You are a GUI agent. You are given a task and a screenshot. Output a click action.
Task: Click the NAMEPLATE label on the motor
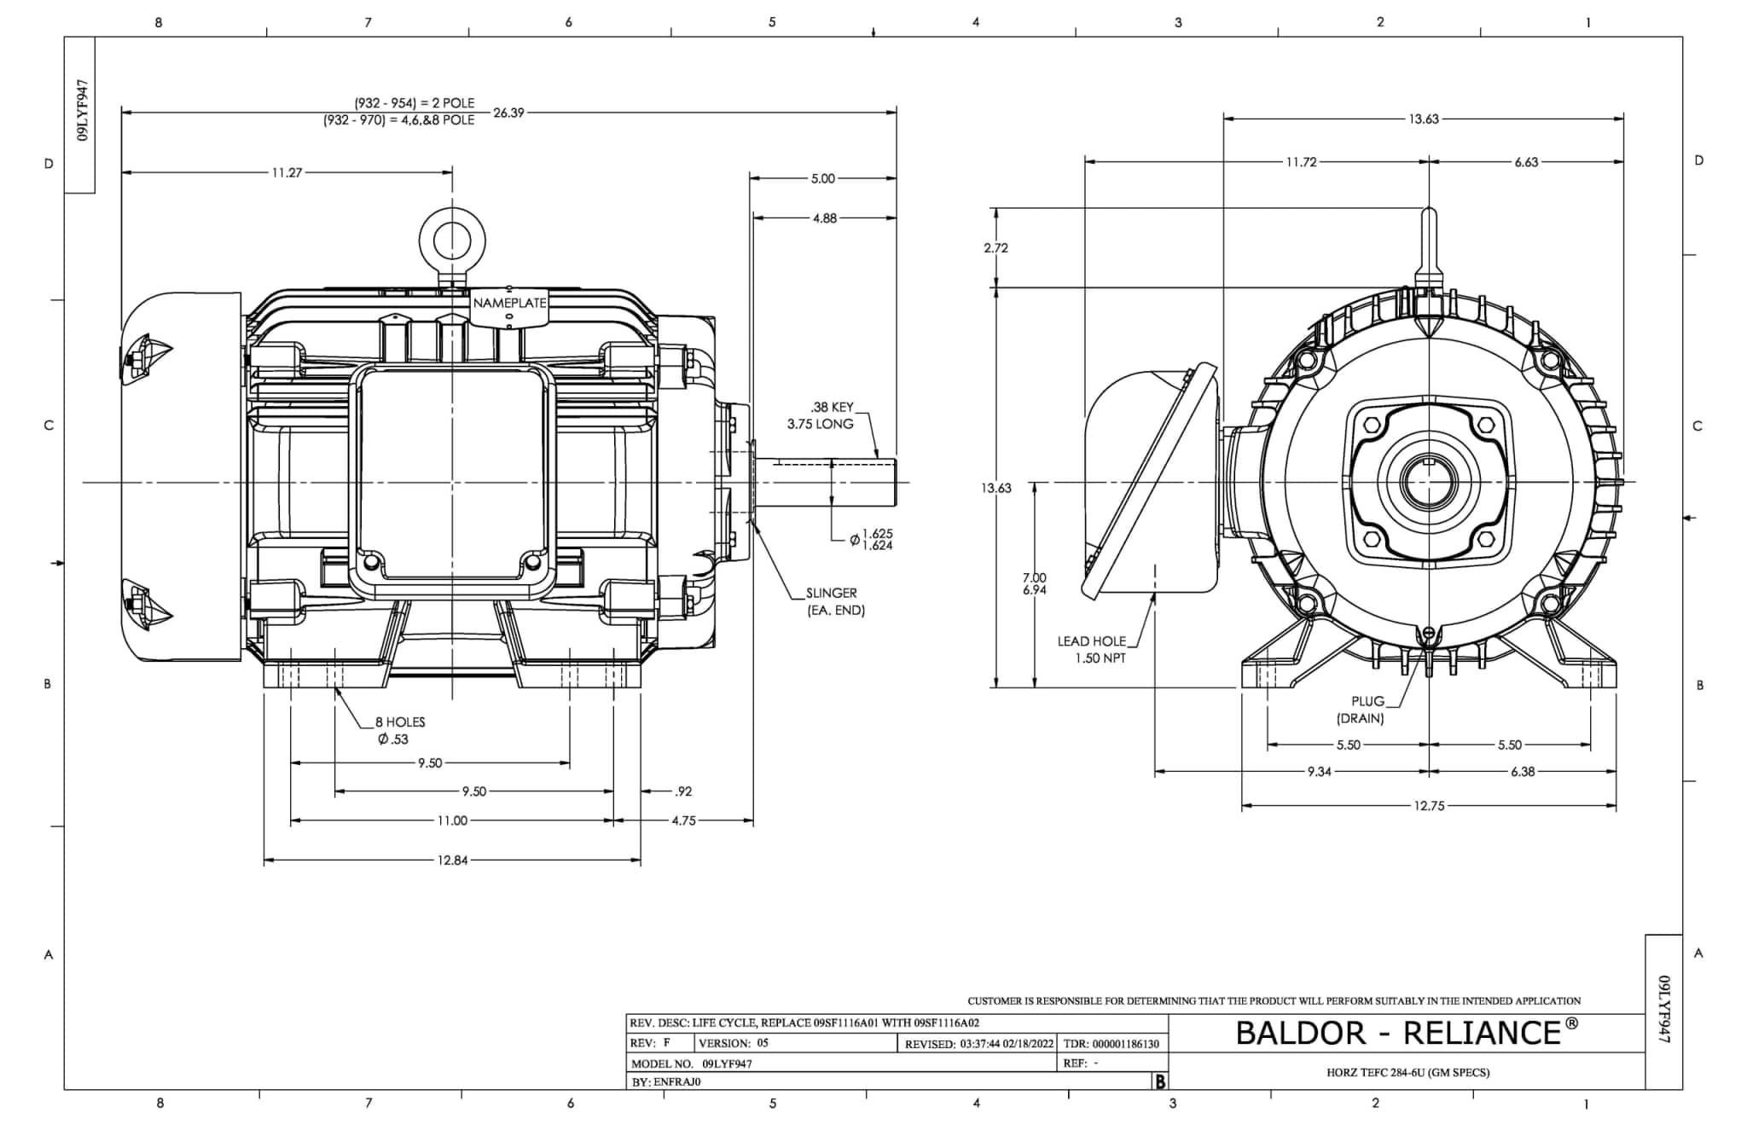pyautogui.click(x=509, y=303)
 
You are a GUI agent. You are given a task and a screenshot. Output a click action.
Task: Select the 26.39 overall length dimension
pyautogui.click(x=508, y=113)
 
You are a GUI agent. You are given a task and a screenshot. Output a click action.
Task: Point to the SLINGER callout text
pyautogui.click(x=832, y=593)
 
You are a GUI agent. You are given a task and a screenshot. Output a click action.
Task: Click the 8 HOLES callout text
pyautogui.click(x=400, y=722)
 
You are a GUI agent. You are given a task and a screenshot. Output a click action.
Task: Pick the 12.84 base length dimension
pyautogui.click(x=452, y=861)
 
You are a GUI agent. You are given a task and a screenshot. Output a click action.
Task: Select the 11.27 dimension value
pyautogui.click(x=287, y=173)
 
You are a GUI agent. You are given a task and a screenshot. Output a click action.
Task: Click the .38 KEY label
pyautogui.click(x=832, y=408)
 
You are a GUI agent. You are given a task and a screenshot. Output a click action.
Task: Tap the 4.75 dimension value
pyautogui.click(x=683, y=821)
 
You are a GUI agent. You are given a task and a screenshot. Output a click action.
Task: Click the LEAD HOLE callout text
pyautogui.click(x=1092, y=641)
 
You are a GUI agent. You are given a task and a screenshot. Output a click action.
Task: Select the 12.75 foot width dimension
pyautogui.click(x=1428, y=806)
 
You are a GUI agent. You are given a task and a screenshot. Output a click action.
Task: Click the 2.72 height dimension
pyautogui.click(x=995, y=248)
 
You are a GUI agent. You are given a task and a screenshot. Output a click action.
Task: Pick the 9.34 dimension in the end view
pyautogui.click(x=1319, y=772)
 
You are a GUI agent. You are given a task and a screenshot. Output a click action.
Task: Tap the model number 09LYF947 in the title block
pyautogui.click(x=727, y=1063)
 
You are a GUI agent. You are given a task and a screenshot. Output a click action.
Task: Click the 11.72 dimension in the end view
pyautogui.click(x=1301, y=162)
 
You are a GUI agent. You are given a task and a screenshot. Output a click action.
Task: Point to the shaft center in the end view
pyautogui.click(x=1429, y=482)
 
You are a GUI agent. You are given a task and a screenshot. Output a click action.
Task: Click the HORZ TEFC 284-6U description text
pyautogui.click(x=1407, y=1073)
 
